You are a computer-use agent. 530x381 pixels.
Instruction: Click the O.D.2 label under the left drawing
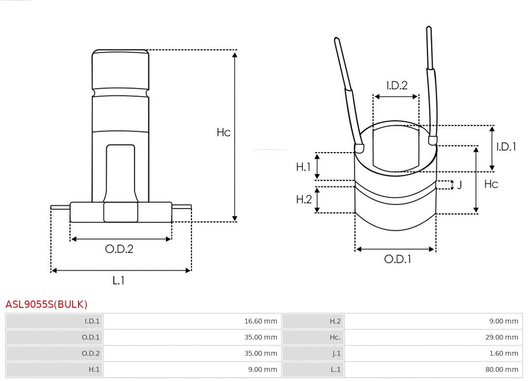[x=119, y=249]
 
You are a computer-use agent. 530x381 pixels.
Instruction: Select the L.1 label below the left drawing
[x=118, y=280]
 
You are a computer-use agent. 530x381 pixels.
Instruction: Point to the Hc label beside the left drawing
[x=223, y=133]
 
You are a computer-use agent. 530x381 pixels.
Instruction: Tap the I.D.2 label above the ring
[x=397, y=85]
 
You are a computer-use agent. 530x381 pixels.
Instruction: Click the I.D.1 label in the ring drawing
[x=505, y=146]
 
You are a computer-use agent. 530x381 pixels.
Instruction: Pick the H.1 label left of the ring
[x=303, y=167]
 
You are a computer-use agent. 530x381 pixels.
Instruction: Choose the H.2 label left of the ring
[x=303, y=199]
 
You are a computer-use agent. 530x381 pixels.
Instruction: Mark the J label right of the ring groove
[x=459, y=185]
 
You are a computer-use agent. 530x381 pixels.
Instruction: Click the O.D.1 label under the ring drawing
[x=397, y=259]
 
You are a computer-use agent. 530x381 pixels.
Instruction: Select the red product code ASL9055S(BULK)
[x=47, y=304]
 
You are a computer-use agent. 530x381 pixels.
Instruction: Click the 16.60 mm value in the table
[x=261, y=322]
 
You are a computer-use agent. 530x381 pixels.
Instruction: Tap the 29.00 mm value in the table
[x=502, y=337]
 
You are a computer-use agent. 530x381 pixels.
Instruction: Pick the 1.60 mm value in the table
[x=503, y=354]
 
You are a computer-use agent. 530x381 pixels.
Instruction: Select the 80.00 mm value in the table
[x=502, y=370]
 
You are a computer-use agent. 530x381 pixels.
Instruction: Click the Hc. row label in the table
[x=335, y=337]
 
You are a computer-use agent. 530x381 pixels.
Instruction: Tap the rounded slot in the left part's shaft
[x=120, y=172]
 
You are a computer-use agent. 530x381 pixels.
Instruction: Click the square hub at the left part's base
[x=121, y=212]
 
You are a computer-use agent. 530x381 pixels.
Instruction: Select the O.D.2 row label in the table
[x=90, y=354]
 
